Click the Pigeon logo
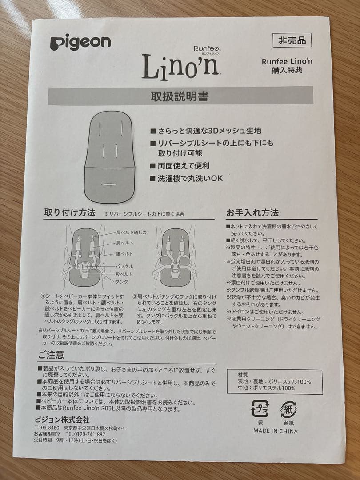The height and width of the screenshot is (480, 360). click(x=80, y=43)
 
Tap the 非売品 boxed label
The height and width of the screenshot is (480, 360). click(x=292, y=40)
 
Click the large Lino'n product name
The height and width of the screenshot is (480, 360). click(x=180, y=67)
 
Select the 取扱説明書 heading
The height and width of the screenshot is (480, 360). click(x=180, y=96)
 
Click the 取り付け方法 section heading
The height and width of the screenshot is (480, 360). click(x=69, y=212)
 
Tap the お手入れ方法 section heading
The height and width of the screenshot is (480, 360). click(x=252, y=212)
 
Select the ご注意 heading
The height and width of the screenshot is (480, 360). click(x=51, y=355)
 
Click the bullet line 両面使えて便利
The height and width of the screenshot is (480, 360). click(x=184, y=166)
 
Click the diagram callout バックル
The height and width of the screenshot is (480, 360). click(x=124, y=266)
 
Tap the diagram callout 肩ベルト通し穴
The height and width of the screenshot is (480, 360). click(x=131, y=232)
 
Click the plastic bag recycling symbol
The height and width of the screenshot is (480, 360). click(x=260, y=409)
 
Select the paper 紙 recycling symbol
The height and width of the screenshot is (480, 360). click(x=288, y=409)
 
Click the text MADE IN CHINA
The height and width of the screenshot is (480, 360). click(x=276, y=431)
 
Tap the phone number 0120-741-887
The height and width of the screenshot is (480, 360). click(x=85, y=434)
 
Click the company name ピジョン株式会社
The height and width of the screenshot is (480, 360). click(x=62, y=420)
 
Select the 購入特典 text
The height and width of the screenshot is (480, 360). click(x=287, y=70)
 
